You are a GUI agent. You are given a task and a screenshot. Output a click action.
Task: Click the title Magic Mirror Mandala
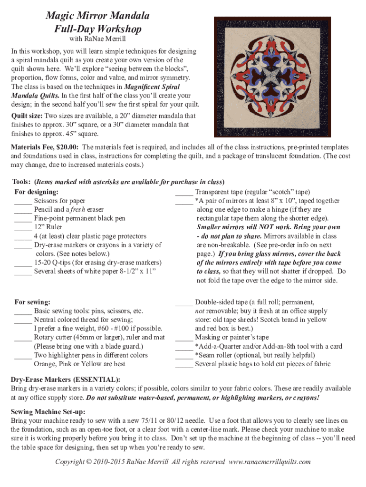coord(97,16)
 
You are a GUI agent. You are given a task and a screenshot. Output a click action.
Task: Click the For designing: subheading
coord(37,192)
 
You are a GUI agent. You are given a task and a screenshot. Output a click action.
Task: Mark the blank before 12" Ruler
coord(23,228)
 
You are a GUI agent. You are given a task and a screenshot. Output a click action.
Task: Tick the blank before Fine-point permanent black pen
coord(23,219)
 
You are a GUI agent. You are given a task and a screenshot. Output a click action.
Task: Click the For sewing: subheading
coord(32,302)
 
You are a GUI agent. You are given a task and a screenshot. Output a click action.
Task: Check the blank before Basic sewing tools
coord(23,312)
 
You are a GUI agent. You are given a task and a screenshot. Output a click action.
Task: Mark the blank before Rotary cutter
coord(23,338)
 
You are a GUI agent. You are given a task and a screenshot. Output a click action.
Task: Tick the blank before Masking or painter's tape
coord(184,338)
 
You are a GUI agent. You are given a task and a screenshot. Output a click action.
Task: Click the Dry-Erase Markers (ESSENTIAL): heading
coord(66,380)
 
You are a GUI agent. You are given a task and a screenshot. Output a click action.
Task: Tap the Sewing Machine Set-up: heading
coord(48,411)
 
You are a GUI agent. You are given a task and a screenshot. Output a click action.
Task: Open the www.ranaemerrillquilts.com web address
coord(270,462)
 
